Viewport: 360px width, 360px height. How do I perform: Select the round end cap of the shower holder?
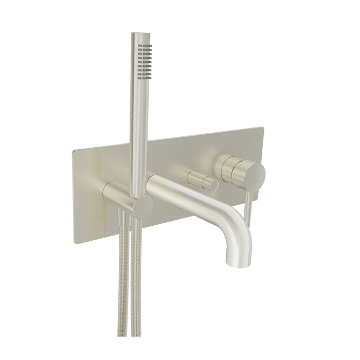[x=142, y=207]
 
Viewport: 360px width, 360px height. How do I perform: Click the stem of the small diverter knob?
[x=195, y=178]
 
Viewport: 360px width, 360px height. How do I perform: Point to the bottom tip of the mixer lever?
[x=248, y=225]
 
